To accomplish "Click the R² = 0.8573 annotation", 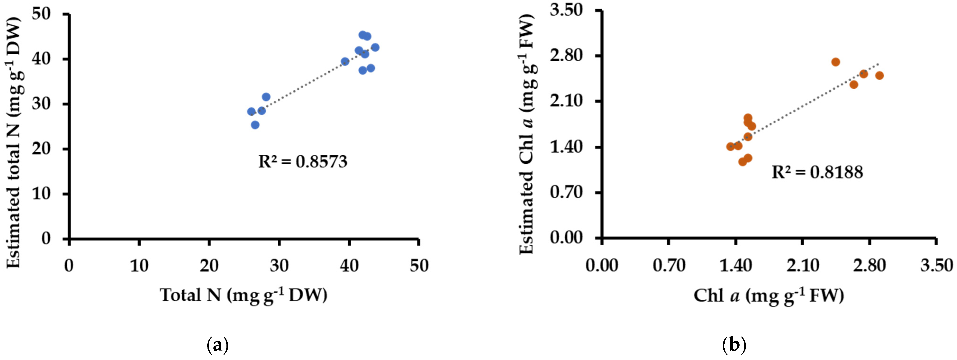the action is click(x=303, y=162).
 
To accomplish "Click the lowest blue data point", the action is click(x=255, y=125).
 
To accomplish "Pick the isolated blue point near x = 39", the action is click(x=345, y=61).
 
